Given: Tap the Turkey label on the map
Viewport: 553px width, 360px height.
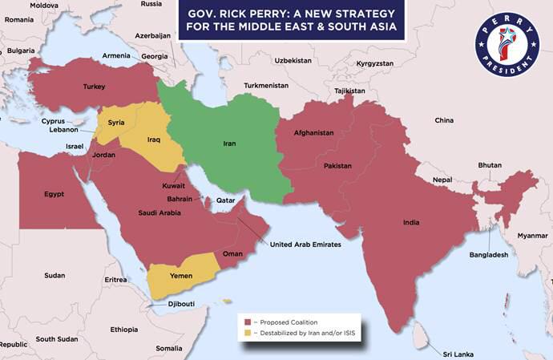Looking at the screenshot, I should coord(95,87).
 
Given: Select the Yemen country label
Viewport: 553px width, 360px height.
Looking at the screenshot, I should coord(181,275).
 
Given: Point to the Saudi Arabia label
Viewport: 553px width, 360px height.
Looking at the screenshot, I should coord(159,212).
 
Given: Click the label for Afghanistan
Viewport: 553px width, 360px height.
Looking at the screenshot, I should coord(314,132).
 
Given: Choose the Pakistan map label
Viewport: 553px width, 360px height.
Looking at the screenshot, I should coord(337,165).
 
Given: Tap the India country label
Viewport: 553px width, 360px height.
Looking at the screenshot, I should coord(411,222).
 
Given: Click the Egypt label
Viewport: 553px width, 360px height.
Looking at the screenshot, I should coord(54,193).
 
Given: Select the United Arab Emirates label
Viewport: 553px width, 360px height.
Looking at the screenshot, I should coord(305,245).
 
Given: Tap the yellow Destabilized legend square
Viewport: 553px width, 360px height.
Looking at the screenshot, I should coord(249,332).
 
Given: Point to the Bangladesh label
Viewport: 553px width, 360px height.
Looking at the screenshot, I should coord(489,254).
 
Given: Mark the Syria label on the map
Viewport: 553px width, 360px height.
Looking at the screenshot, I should coord(116,123).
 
